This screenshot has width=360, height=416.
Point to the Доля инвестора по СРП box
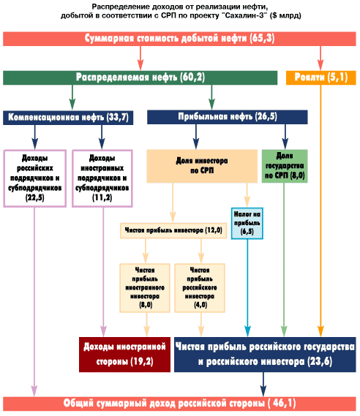point(202,166)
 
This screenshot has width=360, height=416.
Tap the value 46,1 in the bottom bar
point(284,403)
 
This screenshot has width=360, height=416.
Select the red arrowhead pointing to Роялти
point(320,65)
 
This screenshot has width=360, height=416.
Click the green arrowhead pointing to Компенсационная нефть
point(72,104)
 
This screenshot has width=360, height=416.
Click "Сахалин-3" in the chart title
point(246,15)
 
